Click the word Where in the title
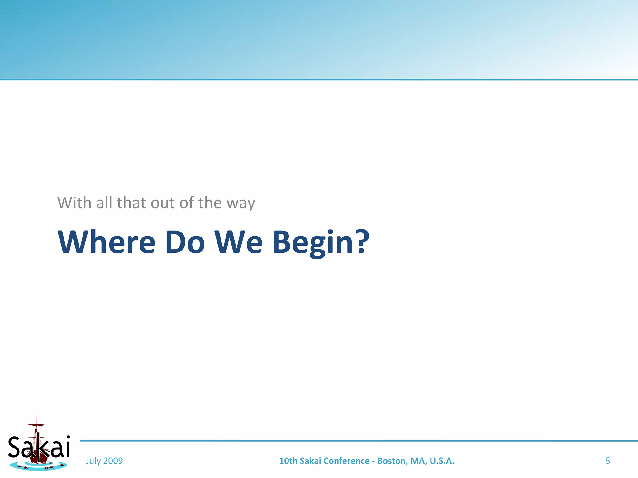(x=106, y=242)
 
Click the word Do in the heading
(x=184, y=242)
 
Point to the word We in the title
(x=238, y=242)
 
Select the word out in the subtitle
(x=163, y=203)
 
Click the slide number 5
(x=607, y=461)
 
